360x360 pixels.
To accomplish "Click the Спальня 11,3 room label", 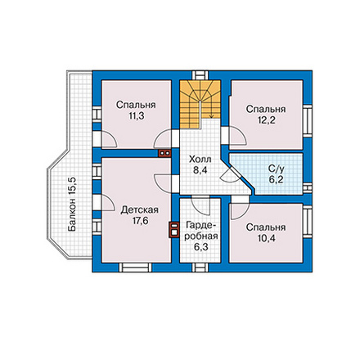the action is click(x=136, y=110).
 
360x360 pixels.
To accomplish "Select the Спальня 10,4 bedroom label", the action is click(x=266, y=232).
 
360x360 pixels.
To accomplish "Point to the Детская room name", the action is click(x=140, y=210).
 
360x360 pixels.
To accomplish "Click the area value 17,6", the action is click(x=140, y=221).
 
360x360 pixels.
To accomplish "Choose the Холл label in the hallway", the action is click(x=200, y=160).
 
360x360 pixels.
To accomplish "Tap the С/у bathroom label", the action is click(x=277, y=169).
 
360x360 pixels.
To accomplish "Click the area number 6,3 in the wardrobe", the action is click(x=201, y=247).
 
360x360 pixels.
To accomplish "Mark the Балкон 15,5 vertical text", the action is click(x=73, y=205).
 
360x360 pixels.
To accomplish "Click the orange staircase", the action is click(x=200, y=104).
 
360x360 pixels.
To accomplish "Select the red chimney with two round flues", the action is click(x=164, y=153).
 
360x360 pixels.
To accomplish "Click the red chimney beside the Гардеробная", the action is click(x=173, y=230).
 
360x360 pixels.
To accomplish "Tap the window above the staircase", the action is click(x=200, y=75).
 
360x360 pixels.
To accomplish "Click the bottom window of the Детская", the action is click(x=136, y=268).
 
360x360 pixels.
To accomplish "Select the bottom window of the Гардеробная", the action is click(x=200, y=268).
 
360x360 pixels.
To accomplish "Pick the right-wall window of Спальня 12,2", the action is click(x=308, y=120).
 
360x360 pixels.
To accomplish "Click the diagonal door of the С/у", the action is click(x=231, y=174).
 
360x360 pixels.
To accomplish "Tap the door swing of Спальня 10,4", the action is click(x=239, y=210).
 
